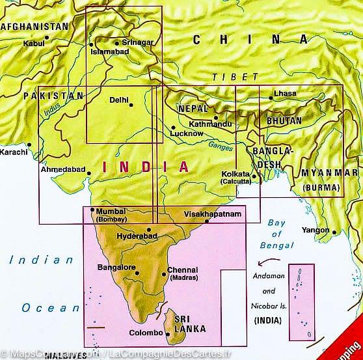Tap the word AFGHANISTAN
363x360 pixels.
[x=34, y=27]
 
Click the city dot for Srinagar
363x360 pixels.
[x=116, y=44]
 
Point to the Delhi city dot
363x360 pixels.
[x=131, y=104]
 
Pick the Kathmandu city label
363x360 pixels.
[x=209, y=124]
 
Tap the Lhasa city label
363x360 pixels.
[x=285, y=94]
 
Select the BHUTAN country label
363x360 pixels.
[x=284, y=120]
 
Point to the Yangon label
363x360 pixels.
[x=315, y=230]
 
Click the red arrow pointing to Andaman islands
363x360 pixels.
[x=267, y=262]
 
